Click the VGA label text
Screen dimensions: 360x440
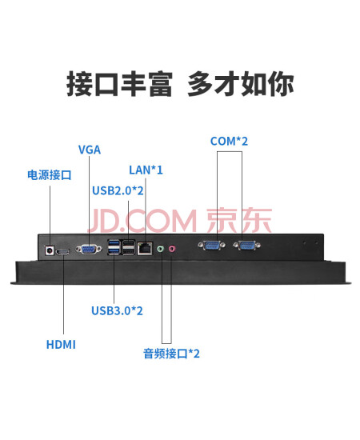[x=90, y=150]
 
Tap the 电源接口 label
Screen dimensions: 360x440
[x=50, y=175]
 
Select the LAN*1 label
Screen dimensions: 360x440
[x=146, y=170]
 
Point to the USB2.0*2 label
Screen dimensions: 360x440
[x=118, y=190]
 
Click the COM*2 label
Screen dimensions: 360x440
[x=229, y=141]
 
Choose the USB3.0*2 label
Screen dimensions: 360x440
[x=117, y=310]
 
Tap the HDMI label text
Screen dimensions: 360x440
[x=61, y=345]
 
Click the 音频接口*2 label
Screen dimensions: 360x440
[x=171, y=354]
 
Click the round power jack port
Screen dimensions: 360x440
[x=50, y=250]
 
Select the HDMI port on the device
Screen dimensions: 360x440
[x=62, y=252]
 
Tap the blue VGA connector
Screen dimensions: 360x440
[x=88, y=249]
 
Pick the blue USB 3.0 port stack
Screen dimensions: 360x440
[x=114, y=247]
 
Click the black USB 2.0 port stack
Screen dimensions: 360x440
[x=129, y=247]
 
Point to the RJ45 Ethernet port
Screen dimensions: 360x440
[x=145, y=248]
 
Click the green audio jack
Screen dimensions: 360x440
[x=160, y=249]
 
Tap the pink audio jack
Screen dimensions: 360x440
[x=172, y=249]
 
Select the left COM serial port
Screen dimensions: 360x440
[x=211, y=246]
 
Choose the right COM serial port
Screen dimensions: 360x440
[x=246, y=246]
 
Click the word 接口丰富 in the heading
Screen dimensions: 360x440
[x=119, y=84]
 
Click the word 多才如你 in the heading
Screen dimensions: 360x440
[x=241, y=84]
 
